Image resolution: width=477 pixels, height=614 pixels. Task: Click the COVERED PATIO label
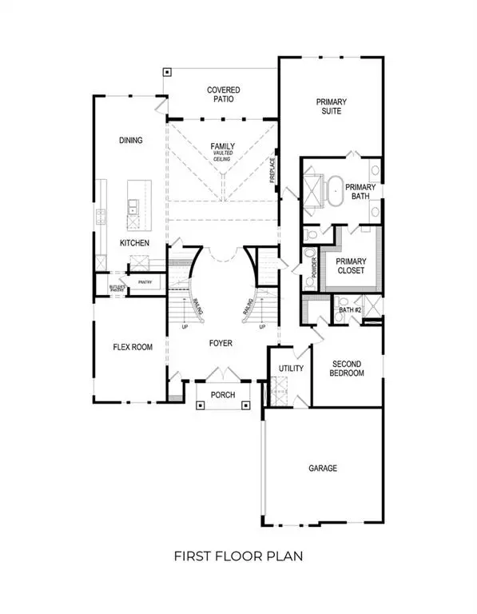click(224, 95)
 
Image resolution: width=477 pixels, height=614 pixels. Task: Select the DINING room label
click(130, 141)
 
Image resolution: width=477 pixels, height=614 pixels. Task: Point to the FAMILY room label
click(222, 146)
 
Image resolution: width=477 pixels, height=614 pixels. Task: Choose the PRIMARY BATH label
click(356, 193)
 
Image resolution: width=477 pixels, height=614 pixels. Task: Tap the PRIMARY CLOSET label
click(350, 266)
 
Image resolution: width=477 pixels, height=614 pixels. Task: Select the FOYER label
click(221, 343)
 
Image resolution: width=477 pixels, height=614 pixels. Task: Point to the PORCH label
click(223, 395)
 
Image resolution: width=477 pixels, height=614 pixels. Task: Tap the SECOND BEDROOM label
click(348, 369)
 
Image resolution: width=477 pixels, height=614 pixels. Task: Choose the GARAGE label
click(323, 468)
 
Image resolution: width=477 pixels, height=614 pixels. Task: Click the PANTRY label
click(145, 282)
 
